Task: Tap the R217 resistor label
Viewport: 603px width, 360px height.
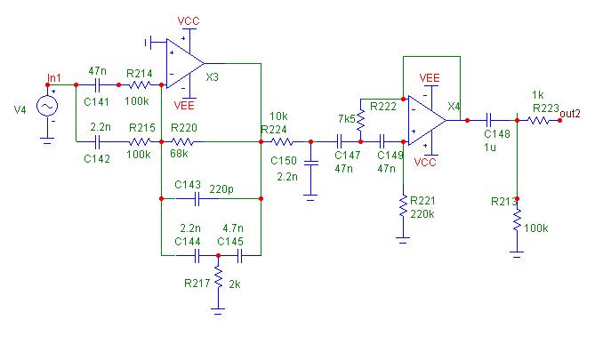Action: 197,284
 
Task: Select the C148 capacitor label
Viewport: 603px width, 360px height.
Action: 497,133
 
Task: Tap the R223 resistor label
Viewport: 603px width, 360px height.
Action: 547,108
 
